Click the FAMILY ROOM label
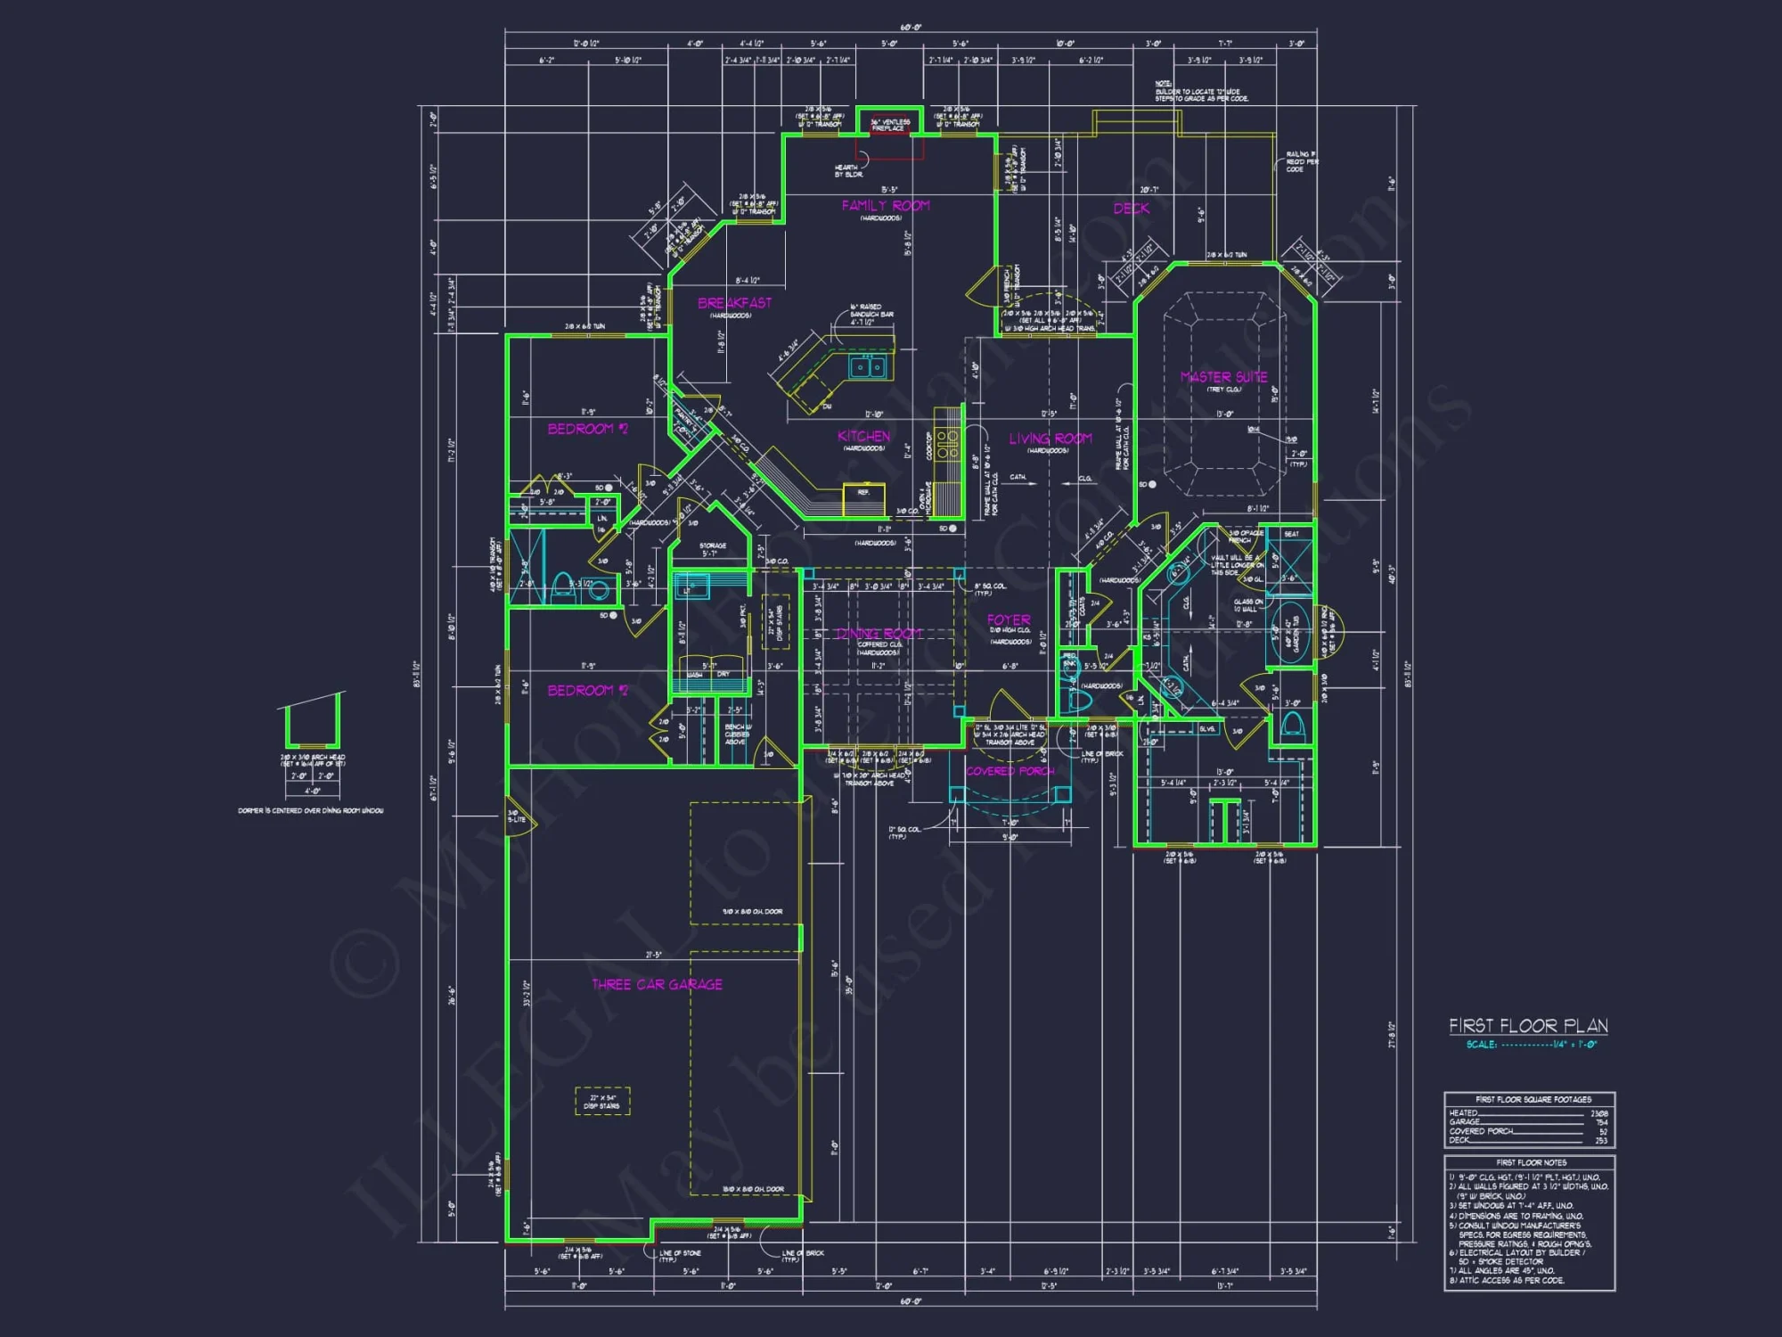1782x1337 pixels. click(x=886, y=206)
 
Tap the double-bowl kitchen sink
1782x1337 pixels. click(x=866, y=365)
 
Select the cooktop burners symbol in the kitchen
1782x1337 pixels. click(x=947, y=445)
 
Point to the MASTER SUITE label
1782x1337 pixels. click(x=1223, y=377)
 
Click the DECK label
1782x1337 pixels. click(x=1131, y=209)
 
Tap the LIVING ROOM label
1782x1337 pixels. click(x=1050, y=439)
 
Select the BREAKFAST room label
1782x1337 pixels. click(x=734, y=303)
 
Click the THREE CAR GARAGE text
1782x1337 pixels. click(x=657, y=984)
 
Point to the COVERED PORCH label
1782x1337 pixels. click(x=1010, y=771)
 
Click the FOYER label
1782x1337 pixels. click(x=1009, y=619)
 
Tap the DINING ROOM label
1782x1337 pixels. click(x=878, y=634)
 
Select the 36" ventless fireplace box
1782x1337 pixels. click(x=889, y=125)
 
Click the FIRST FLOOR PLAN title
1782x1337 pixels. click(x=1527, y=1026)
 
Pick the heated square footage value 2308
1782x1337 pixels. click(x=1598, y=1113)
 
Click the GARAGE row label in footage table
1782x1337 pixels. click(x=1464, y=1122)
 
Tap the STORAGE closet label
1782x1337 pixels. click(x=712, y=545)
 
